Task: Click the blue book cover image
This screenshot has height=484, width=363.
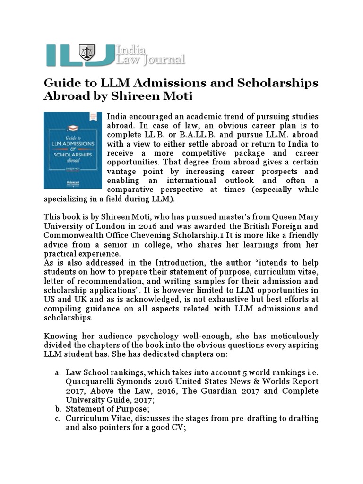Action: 73,150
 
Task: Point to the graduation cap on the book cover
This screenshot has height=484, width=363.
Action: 72,128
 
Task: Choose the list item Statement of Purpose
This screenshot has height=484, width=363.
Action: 104,409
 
